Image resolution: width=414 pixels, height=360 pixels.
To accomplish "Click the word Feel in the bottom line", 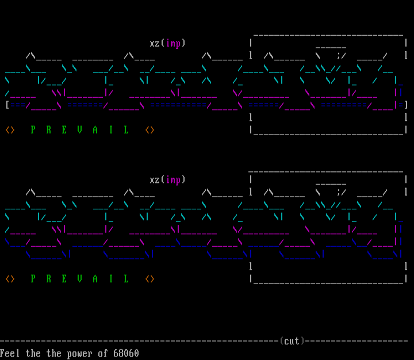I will click(x=10, y=353).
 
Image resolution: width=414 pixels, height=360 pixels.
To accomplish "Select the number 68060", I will click(x=126, y=353).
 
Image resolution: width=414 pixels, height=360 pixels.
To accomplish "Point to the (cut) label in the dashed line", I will click(x=292, y=341).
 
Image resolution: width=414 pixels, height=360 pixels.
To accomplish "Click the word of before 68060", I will click(x=103, y=353).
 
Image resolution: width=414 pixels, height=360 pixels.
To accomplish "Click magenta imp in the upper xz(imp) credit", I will click(x=173, y=43).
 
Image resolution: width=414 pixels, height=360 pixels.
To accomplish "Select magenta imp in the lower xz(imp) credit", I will click(x=173, y=180).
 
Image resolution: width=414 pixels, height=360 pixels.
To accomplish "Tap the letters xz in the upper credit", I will click(x=155, y=43).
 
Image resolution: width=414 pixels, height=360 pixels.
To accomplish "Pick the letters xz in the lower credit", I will click(x=155, y=180).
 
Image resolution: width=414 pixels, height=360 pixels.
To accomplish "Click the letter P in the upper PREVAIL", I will click(x=33, y=130).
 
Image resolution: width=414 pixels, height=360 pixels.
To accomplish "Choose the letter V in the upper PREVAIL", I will click(x=79, y=130).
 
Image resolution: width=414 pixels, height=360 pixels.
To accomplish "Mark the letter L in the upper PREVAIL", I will click(x=126, y=130).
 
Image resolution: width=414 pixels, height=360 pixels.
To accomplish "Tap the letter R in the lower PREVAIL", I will click(x=48, y=279).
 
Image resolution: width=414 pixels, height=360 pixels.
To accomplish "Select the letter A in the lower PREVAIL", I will click(x=95, y=279).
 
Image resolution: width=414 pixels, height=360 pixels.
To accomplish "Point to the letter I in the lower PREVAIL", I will click(x=111, y=279).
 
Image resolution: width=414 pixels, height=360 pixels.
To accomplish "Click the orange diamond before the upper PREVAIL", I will click(x=10, y=130).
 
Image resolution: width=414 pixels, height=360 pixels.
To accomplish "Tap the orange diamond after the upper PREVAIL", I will click(x=149, y=130).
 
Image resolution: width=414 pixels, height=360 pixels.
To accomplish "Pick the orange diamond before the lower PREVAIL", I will click(x=10, y=279).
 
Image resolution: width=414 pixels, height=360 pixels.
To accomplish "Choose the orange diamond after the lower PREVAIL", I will click(x=149, y=279).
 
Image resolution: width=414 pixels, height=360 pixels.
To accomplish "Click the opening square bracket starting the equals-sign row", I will click(x=7, y=105).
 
